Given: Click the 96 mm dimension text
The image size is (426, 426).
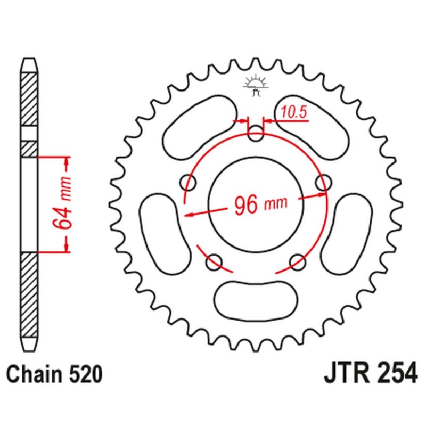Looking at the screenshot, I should click(260, 204).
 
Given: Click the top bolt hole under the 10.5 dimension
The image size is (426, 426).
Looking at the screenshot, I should click(256, 133).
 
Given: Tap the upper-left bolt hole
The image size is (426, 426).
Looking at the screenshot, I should click(188, 183).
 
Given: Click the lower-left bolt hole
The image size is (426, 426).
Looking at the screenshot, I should click(214, 261).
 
